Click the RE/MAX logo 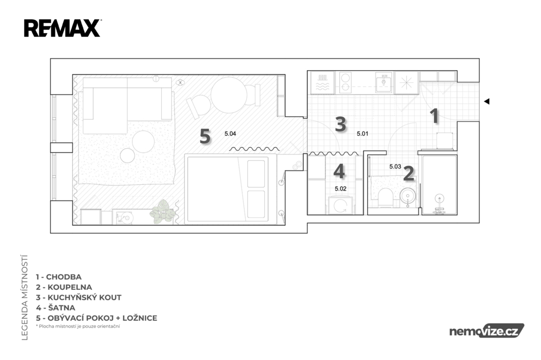[62, 29]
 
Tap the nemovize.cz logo [487, 330]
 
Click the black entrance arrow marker [487, 101]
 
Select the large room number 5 [205, 136]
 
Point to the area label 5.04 [230, 134]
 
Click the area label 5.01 [362, 134]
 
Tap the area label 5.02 [341, 188]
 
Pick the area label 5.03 [395, 167]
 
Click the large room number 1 [434, 116]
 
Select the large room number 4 [339, 171]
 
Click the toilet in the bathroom [385, 197]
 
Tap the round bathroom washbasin [408, 196]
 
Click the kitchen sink [384, 82]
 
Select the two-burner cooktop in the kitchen [345, 82]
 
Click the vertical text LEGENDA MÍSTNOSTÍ [24, 297]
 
